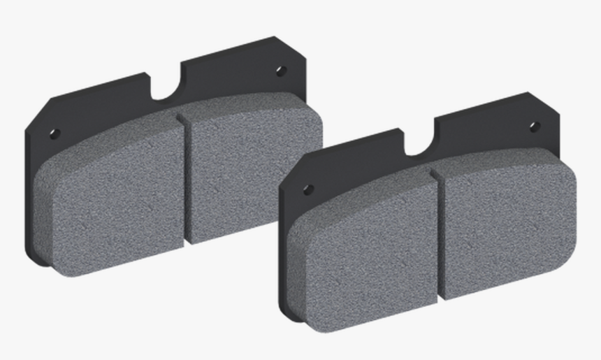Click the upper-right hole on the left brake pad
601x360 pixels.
(x=281, y=71)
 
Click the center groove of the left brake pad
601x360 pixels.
(x=184, y=178)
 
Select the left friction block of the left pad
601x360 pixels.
(x=112, y=196)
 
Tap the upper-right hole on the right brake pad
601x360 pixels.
(x=535, y=127)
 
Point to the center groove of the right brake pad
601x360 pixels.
(x=438, y=234)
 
